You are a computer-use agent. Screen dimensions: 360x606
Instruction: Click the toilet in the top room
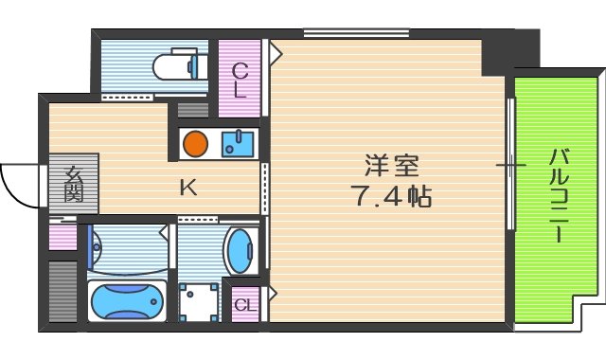pos(179,65)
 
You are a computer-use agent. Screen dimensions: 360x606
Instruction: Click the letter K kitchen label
pos(187,188)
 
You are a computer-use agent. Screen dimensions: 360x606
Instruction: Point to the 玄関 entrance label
pos(74,183)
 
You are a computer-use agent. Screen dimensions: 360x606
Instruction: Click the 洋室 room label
pos(391,166)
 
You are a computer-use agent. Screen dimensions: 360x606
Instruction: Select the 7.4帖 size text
pos(391,197)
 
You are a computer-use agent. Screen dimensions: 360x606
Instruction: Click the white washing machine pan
pos(199,301)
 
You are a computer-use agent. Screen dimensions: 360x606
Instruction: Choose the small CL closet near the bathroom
pos(244,304)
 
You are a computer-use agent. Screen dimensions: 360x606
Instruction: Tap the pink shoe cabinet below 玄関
pos(62,235)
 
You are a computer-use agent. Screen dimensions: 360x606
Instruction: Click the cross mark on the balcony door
pos(510,167)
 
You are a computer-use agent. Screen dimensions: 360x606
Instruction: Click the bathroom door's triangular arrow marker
pos(166,229)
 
